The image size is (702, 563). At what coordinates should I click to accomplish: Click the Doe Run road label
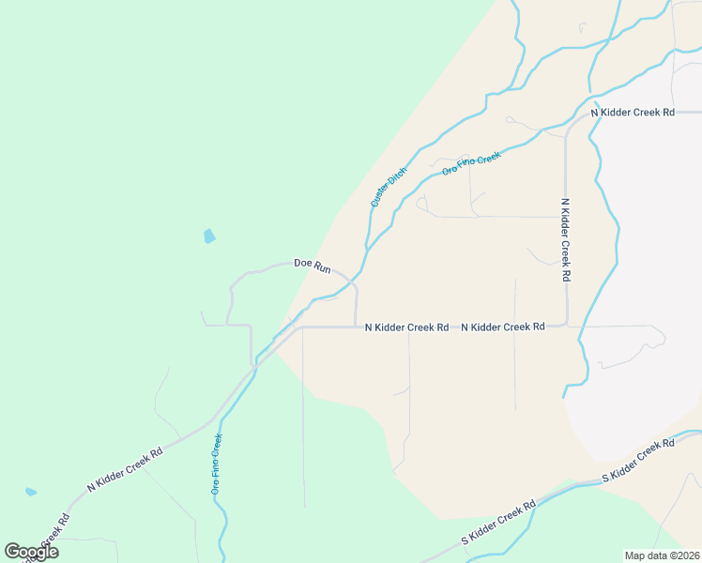tap(313, 266)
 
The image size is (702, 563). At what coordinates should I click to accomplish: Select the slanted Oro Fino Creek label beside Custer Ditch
tap(471, 163)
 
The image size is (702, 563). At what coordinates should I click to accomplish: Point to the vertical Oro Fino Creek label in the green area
tap(216, 464)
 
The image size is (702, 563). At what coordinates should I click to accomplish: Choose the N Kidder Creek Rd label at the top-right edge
tap(633, 113)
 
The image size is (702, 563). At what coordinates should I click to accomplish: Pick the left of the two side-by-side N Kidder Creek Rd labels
tap(405, 327)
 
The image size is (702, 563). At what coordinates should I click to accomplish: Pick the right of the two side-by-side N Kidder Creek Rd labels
tap(503, 327)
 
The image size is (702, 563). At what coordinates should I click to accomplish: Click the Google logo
tap(31, 552)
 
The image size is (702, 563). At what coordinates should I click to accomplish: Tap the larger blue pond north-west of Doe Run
tap(208, 236)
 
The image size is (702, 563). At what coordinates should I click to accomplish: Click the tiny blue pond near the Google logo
tap(31, 492)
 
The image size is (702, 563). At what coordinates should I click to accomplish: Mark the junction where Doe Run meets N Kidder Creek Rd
tap(356, 327)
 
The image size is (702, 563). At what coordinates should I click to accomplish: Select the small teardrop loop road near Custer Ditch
tap(421, 202)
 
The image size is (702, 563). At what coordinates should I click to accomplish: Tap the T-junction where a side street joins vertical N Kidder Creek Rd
tap(566, 217)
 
